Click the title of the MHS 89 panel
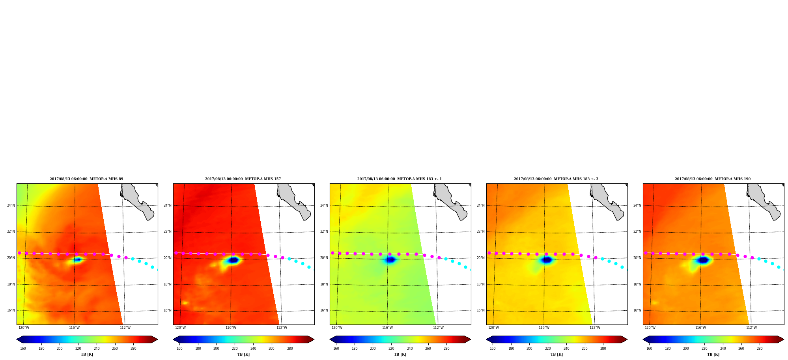click(x=86, y=179)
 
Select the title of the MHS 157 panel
click(x=243, y=179)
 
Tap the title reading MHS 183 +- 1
click(x=400, y=179)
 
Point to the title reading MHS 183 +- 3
click(x=556, y=179)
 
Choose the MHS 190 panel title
click(x=713, y=179)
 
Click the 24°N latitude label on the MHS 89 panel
click(x=11, y=205)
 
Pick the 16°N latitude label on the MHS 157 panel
click(x=168, y=310)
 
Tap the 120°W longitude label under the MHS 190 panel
click(x=650, y=328)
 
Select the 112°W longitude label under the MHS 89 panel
click(x=125, y=328)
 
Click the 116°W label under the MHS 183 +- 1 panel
click(x=387, y=328)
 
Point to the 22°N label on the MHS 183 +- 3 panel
click(x=481, y=231)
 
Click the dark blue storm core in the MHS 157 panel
click(x=233, y=260)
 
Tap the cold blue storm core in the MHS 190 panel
click(x=703, y=260)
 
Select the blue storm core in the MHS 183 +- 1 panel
click(x=390, y=259)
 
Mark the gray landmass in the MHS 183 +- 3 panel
click(x=607, y=201)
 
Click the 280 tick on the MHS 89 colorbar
click(x=133, y=349)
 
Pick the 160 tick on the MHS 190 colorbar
click(x=649, y=349)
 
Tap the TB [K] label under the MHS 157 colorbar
click(x=243, y=354)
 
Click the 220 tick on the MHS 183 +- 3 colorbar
click(x=548, y=349)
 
